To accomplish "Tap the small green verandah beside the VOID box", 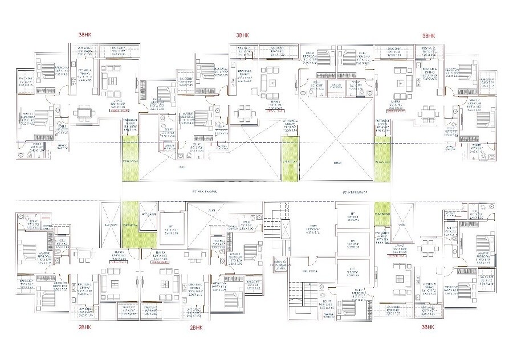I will tap(382, 210).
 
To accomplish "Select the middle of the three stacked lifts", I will tap(351, 244).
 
